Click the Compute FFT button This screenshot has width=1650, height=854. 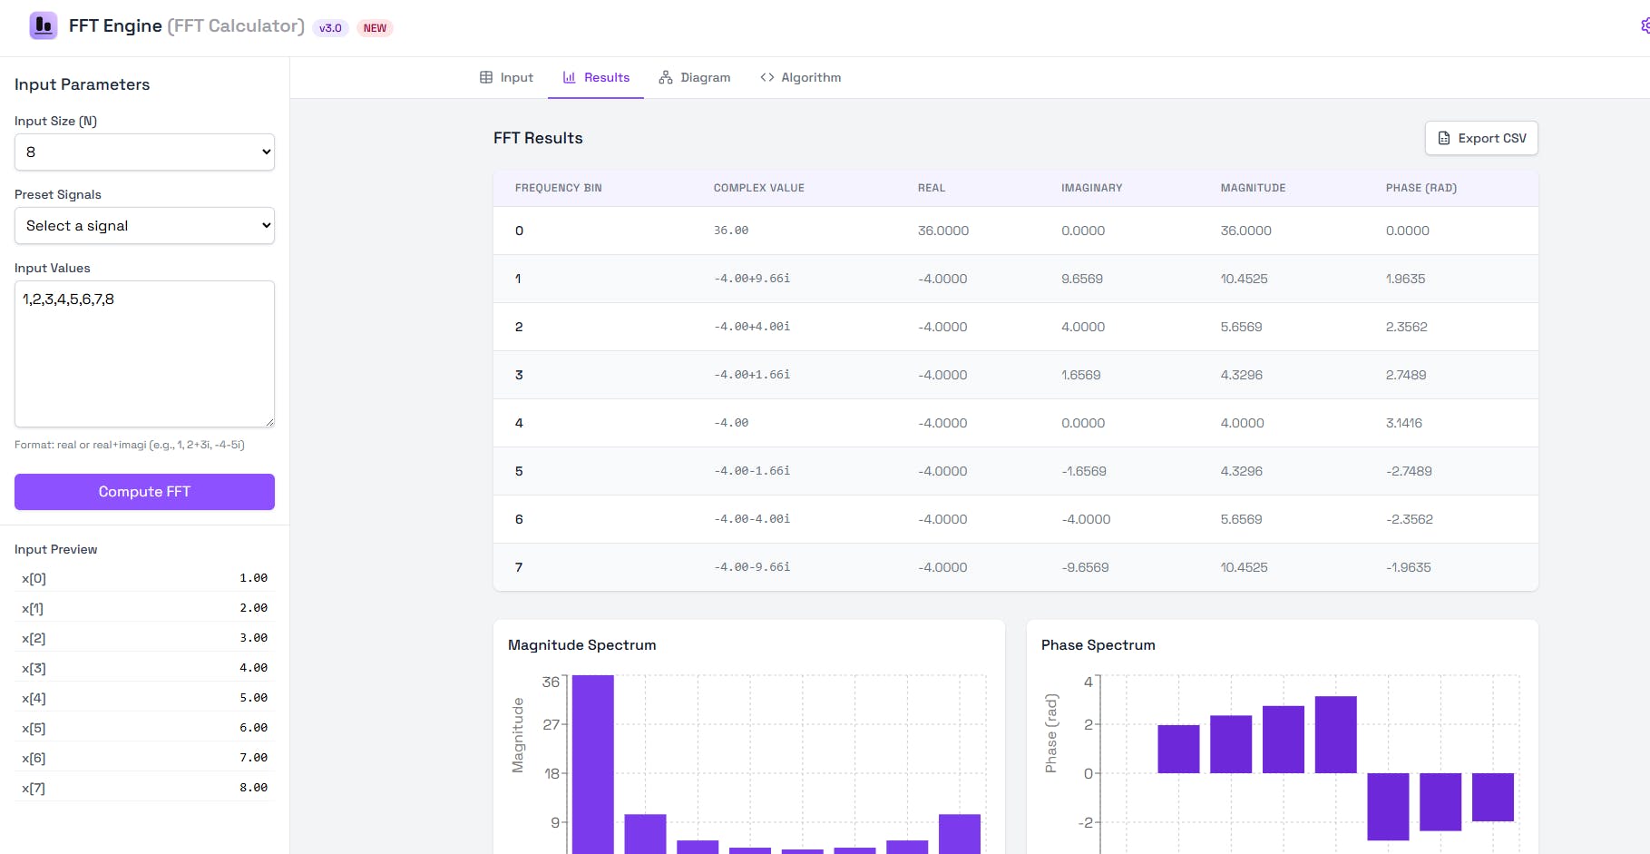pos(144,492)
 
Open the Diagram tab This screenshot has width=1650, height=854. pos(695,78)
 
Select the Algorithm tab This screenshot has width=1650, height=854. pos(801,78)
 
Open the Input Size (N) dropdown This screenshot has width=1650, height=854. pos(144,152)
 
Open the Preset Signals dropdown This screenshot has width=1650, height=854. pos(144,226)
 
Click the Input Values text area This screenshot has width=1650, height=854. pos(144,354)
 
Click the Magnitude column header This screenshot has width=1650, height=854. pos(1253,188)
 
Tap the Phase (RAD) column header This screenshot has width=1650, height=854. pos(1421,188)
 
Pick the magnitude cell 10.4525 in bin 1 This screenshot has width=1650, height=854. pos(1244,279)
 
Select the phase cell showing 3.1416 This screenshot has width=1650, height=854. pos(1403,423)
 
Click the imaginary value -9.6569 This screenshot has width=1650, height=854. pos(1085,567)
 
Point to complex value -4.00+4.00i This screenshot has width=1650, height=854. pos(751,327)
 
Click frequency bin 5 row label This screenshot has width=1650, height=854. pos(519,471)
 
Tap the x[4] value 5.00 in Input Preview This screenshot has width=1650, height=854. pos(253,698)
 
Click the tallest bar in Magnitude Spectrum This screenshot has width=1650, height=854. pos(592,762)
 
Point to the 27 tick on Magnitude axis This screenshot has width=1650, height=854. pos(551,724)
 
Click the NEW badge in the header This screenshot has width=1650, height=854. pos(375,28)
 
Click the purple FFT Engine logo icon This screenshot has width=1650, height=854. pos(44,25)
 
